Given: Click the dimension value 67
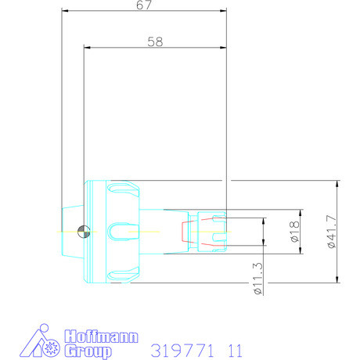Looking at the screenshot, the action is [144, 5].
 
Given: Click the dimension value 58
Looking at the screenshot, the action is [155, 41].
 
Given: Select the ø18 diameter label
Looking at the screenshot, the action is [295, 232].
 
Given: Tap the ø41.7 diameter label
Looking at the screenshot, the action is [332, 232].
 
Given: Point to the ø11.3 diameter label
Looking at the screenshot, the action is [258, 279].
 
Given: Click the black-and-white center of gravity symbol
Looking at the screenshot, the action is [84, 232].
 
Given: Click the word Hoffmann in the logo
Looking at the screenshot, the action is [101, 337].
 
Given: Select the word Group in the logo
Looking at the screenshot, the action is [88, 351].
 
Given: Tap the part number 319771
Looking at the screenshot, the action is [182, 351].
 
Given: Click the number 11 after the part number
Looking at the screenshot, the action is [235, 351].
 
